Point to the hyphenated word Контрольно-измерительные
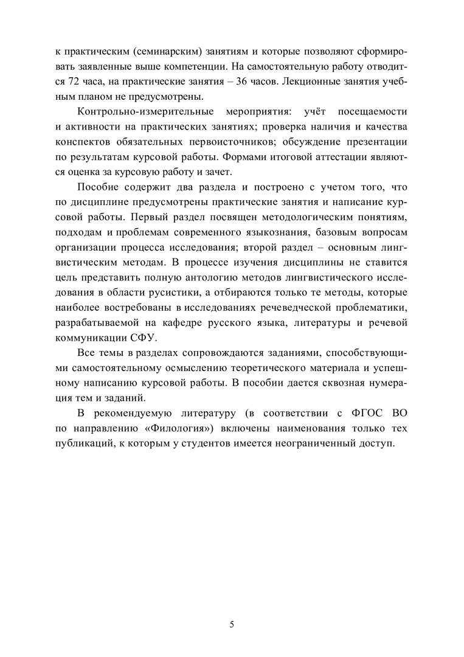[145, 113]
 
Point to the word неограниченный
[331, 445]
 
